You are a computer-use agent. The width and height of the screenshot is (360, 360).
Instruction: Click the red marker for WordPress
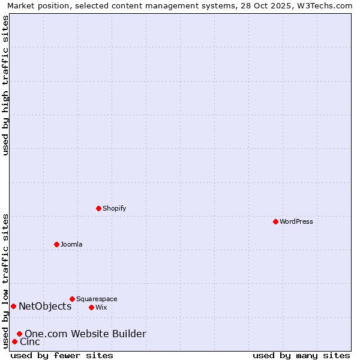click(x=275, y=221)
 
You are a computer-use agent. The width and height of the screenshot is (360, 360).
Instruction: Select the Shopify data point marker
click(x=98, y=208)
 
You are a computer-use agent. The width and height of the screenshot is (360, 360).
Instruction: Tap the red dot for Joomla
click(x=56, y=244)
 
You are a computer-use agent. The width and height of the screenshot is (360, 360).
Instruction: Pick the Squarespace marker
click(x=72, y=299)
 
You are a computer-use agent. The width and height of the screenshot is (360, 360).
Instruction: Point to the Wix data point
click(x=91, y=307)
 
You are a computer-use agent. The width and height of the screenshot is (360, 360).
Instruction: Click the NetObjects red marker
click(x=13, y=306)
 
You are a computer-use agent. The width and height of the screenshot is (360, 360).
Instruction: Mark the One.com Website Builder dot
click(x=19, y=334)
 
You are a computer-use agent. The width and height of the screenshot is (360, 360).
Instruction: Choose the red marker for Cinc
click(x=14, y=341)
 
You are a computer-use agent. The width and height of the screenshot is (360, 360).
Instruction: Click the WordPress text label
click(x=296, y=221)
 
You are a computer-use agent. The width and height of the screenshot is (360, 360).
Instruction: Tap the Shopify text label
click(x=115, y=208)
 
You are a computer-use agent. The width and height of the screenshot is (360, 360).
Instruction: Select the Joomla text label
click(x=71, y=244)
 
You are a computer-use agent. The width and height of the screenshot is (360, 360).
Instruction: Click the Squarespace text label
click(x=97, y=299)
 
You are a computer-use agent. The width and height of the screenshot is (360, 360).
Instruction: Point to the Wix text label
click(x=101, y=307)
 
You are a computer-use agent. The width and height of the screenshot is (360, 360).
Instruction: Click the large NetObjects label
click(x=45, y=306)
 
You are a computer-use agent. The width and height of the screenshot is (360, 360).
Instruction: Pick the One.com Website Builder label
click(x=85, y=334)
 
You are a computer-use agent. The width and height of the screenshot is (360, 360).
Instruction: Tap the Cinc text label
click(x=30, y=341)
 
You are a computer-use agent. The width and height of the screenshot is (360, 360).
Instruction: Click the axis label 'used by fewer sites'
click(x=62, y=355)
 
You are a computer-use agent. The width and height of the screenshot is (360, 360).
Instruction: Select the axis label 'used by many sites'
click(x=301, y=355)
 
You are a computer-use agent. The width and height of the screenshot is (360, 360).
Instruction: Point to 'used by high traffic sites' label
click(x=5, y=85)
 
